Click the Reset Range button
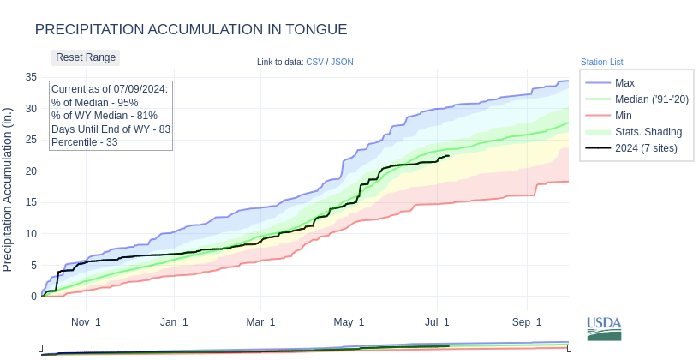click(86, 57)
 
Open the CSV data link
click(314, 62)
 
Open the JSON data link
click(342, 62)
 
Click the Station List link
click(601, 62)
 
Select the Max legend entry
click(624, 82)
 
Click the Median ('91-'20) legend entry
click(651, 99)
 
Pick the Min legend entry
click(624, 115)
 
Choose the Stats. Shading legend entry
click(648, 131)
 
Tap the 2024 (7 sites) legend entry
click(658, 147)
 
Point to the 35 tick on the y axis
click(31, 77)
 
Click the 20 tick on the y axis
click(31, 171)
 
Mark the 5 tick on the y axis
click(33, 265)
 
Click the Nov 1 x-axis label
click(86, 322)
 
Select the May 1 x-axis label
click(349, 322)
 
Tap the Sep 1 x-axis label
click(527, 322)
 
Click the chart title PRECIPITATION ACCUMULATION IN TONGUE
click(191, 29)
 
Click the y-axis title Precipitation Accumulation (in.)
click(9, 189)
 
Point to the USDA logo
click(604, 328)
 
